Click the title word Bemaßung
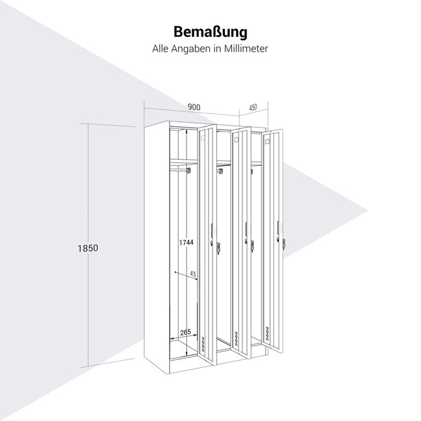tap(210, 32)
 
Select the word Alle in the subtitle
tap(161, 49)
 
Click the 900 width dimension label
tap(193, 107)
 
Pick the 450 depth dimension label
tap(253, 107)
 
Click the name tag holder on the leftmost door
tap(212, 229)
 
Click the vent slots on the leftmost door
tap(205, 345)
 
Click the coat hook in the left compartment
tap(188, 170)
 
